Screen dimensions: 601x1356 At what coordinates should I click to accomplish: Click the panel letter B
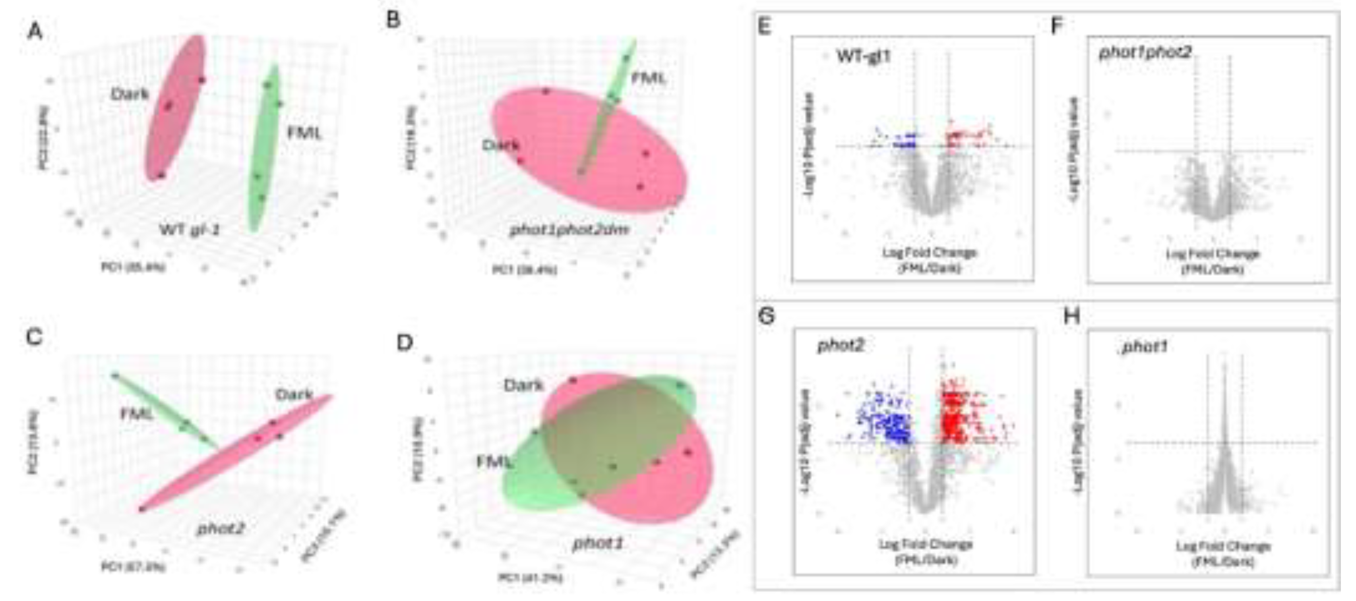[x=394, y=21]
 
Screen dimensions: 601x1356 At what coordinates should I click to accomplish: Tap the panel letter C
[x=34, y=336]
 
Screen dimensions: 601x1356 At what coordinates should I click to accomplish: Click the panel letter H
[x=1072, y=316]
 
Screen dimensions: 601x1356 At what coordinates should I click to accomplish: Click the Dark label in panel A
[x=130, y=94]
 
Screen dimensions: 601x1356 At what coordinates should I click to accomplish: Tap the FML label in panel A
[x=304, y=133]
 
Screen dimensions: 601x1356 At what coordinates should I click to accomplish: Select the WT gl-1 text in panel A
[x=189, y=230]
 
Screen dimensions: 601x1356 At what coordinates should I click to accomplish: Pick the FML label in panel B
[x=649, y=78]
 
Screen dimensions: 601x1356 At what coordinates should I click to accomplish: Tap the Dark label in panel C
[x=294, y=394]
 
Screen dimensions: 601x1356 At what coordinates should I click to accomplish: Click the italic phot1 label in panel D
[x=597, y=543]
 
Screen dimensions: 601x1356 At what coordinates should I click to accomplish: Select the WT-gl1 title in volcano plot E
[x=863, y=56]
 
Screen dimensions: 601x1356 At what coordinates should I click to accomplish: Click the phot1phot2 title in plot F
[x=1145, y=52]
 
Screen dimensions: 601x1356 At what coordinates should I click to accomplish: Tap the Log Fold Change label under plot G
[x=926, y=544]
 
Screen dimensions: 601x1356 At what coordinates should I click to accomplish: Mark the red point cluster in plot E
[x=963, y=138]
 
